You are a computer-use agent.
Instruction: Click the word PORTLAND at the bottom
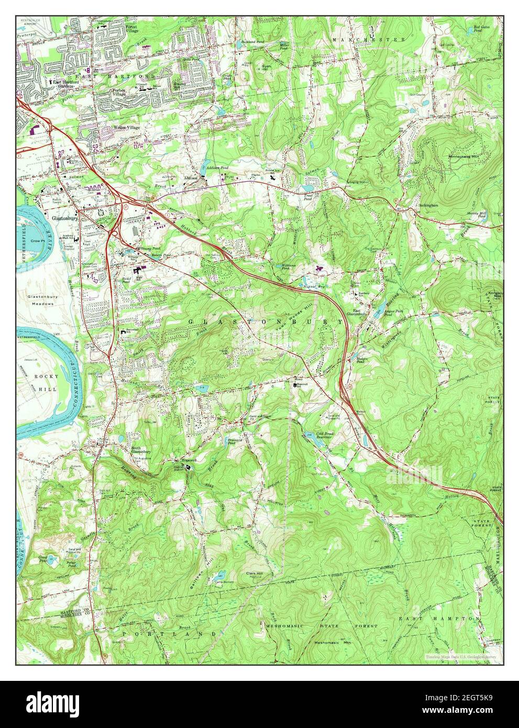click(x=169, y=634)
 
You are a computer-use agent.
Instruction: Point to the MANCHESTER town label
click(x=369, y=39)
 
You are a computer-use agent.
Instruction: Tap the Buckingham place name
click(x=426, y=205)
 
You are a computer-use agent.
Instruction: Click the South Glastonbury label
click(x=141, y=450)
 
